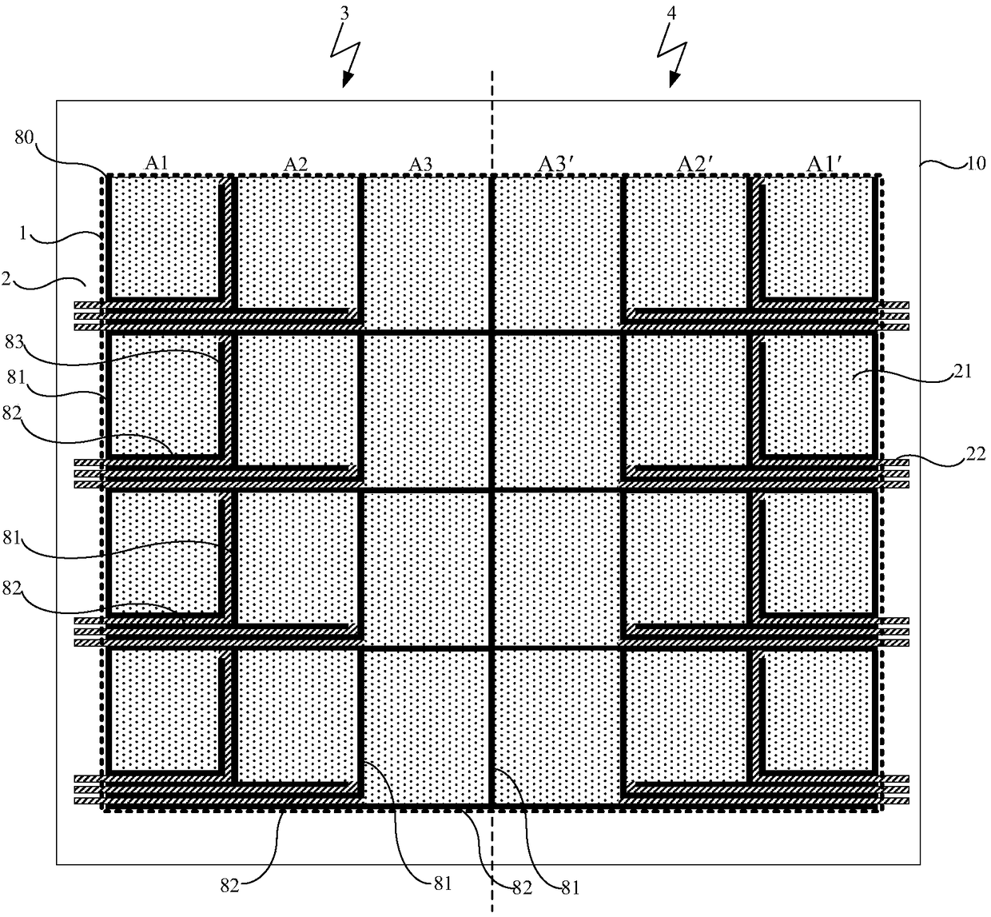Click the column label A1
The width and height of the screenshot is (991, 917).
pos(156,162)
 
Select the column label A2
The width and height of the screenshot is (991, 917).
pos(296,163)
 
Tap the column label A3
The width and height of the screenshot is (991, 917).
pos(421,163)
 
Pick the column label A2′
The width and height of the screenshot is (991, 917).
pos(692,163)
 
